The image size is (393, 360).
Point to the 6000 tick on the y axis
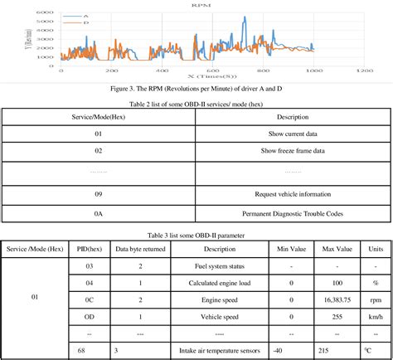[x=46, y=12]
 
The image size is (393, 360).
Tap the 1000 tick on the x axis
[x=312, y=72]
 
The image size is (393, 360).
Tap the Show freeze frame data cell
[x=293, y=150]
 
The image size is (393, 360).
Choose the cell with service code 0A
[x=98, y=213]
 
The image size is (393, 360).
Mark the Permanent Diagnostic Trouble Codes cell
[x=293, y=213]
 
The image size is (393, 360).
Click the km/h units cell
[x=376, y=316]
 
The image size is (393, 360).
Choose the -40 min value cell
[x=291, y=350]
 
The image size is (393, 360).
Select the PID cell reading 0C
[x=89, y=299]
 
